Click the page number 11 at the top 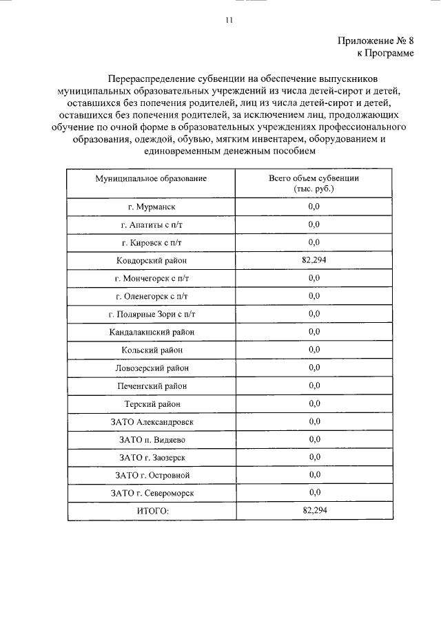pyautogui.click(x=229, y=21)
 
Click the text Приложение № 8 pyautogui.click(x=376, y=41)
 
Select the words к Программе pyautogui.click(x=385, y=53)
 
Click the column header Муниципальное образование pyautogui.click(x=151, y=178)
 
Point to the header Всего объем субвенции pyautogui.click(x=314, y=178)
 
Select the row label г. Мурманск pyautogui.click(x=152, y=207)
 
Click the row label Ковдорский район pyautogui.click(x=152, y=260)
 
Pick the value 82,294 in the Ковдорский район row pyautogui.click(x=314, y=260)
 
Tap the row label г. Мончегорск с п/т pyautogui.click(x=152, y=278)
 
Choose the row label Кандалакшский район pyautogui.click(x=152, y=332)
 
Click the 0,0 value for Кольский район pyautogui.click(x=315, y=349)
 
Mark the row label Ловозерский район pyautogui.click(x=152, y=368)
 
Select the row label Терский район pyautogui.click(x=152, y=403)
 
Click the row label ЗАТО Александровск pyautogui.click(x=152, y=421)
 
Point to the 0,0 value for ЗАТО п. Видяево pyautogui.click(x=315, y=439)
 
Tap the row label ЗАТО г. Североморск pyautogui.click(x=152, y=493)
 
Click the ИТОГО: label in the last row pyautogui.click(x=152, y=511)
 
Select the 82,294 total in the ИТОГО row pyautogui.click(x=314, y=510)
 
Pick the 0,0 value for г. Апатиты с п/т pyautogui.click(x=315, y=224)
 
